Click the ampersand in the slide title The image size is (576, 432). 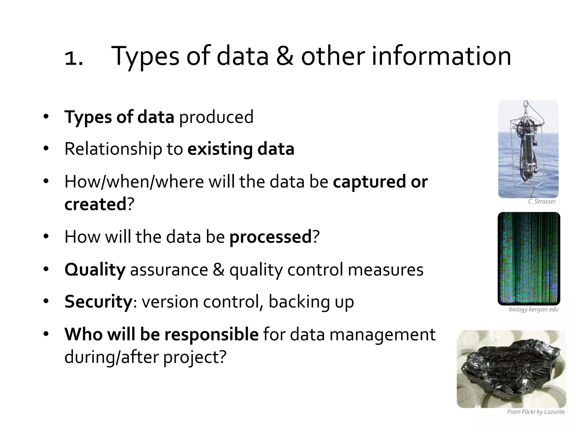point(285,56)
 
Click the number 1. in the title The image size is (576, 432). point(74,58)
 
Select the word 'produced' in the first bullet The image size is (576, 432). point(216,117)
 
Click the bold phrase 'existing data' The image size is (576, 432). point(241,149)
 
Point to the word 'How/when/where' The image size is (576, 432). point(134,182)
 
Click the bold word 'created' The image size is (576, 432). point(95,204)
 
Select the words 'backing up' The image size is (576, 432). point(311,302)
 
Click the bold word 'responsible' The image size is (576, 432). point(211,334)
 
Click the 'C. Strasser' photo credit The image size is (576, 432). point(541,202)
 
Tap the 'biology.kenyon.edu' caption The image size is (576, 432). point(534,310)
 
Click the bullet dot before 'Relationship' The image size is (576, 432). point(46,149)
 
